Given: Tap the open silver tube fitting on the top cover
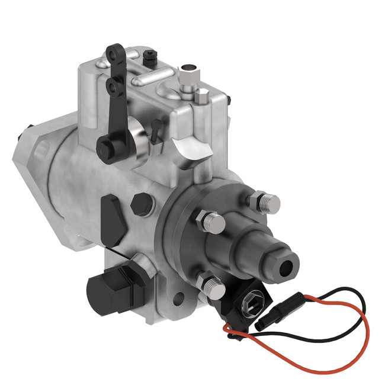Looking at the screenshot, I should pyautogui.click(x=188, y=72).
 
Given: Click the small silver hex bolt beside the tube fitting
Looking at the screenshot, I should pyautogui.click(x=203, y=93).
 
